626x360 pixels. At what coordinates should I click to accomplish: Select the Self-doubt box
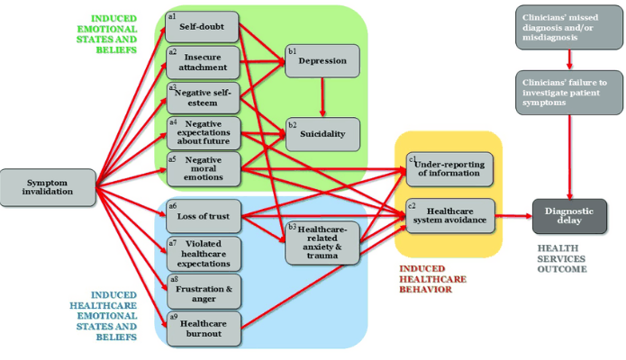(x=203, y=26)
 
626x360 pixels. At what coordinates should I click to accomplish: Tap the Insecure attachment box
(x=203, y=61)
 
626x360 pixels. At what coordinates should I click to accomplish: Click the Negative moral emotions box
(x=204, y=167)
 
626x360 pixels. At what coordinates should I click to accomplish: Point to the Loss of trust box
(x=204, y=216)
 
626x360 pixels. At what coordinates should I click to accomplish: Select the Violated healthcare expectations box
(x=204, y=254)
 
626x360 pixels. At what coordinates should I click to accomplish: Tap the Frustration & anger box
(x=204, y=290)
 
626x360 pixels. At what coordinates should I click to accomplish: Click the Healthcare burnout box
(x=204, y=328)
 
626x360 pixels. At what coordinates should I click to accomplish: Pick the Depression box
(x=322, y=60)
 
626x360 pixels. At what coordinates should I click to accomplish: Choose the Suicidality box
(x=322, y=134)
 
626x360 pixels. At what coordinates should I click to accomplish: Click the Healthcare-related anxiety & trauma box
(x=322, y=242)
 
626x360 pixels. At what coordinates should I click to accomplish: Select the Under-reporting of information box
(x=449, y=167)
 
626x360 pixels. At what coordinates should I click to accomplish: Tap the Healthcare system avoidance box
(x=449, y=215)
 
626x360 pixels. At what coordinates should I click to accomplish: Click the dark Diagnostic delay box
(x=569, y=216)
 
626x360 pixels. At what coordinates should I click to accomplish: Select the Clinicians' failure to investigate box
(x=569, y=93)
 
